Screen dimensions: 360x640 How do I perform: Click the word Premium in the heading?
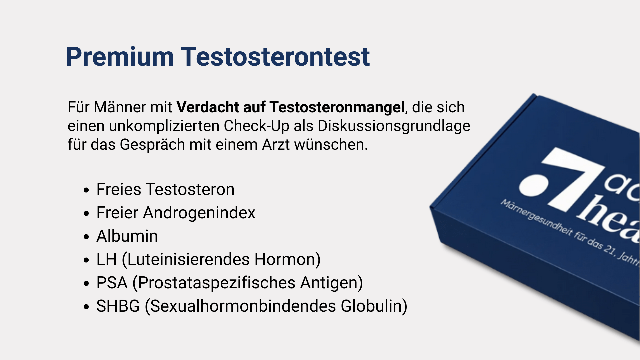[x=120, y=57]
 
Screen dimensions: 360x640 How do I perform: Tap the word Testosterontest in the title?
[x=275, y=57]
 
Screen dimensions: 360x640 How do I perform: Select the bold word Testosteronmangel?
[x=337, y=107]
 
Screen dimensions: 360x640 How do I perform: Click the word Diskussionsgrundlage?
[x=394, y=126]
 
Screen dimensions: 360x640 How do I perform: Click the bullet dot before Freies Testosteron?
[x=87, y=190]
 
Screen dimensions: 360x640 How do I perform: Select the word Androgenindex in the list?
[x=199, y=213]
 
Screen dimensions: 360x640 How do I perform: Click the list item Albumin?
[x=127, y=236]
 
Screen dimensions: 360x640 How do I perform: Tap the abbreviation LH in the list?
[x=107, y=259]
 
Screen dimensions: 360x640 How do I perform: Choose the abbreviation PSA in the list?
[x=112, y=283]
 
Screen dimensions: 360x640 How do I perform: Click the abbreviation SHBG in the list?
[x=118, y=306]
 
